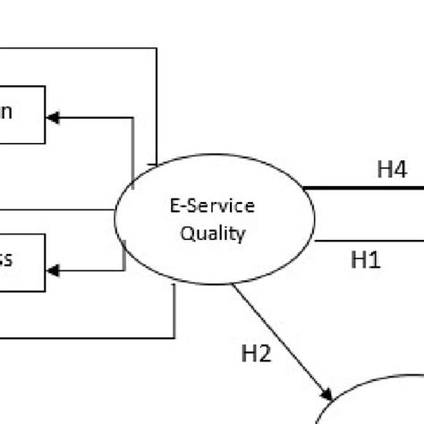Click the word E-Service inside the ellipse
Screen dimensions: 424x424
(x=212, y=207)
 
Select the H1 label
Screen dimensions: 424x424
(x=365, y=260)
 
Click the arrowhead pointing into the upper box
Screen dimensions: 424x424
(x=53, y=118)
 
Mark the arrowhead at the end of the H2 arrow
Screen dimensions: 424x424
(x=326, y=391)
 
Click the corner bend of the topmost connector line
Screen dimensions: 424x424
(x=157, y=48)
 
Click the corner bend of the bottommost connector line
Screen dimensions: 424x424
(x=174, y=337)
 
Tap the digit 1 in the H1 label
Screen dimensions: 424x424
(x=374, y=260)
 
